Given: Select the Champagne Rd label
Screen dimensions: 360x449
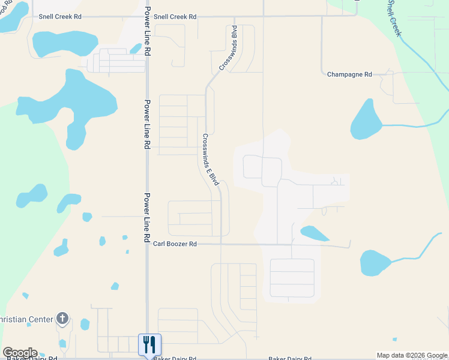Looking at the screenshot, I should [x=349, y=74].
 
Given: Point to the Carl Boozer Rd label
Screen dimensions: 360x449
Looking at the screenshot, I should [x=175, y=244].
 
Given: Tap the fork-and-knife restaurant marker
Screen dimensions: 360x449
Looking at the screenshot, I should [x=149, y=344].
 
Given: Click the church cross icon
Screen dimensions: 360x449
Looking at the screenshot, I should [x=62, y=319].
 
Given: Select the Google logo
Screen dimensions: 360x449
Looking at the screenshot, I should [x=20, y=353].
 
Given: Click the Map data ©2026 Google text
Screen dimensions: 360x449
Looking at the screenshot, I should [x=412, y=355].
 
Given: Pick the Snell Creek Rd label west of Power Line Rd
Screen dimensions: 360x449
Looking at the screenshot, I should [x=60, y=17].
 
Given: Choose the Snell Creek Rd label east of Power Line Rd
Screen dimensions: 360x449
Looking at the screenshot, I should [x=175, y=17].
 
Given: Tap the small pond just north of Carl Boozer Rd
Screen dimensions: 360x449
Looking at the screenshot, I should [x=314, y=233].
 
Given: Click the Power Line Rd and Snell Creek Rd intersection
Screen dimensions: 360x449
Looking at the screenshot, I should [x=147, y=17].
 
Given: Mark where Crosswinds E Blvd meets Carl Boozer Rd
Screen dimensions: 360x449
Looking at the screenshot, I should [x=221, y=244].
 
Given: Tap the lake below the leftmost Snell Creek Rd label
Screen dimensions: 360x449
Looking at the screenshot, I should [x=65, y=43].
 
